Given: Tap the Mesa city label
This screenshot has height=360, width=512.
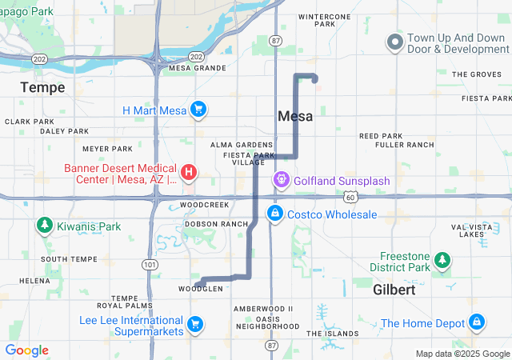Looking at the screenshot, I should pos(295,116).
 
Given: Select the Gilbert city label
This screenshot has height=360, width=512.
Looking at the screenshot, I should pos(394,290).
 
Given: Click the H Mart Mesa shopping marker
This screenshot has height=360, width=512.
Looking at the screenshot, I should pos(198,110).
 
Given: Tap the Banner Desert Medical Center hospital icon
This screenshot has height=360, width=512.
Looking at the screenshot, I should pos(189,172).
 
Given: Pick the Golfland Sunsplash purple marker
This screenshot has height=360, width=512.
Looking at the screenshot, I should pos(282,180).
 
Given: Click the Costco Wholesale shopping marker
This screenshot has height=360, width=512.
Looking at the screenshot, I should pos(274,214).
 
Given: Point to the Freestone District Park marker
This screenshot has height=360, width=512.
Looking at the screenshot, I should pos(441,260).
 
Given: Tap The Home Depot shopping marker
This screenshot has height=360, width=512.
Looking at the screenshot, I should pos(477,322).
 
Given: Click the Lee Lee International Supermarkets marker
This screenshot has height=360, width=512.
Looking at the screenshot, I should pos(194,324).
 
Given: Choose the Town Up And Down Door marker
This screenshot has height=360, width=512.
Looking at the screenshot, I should pos(394,41).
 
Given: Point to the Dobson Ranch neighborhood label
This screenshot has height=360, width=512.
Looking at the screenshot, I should pos(216,224).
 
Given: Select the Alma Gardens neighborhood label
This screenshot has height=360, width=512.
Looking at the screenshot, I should pos(242,145).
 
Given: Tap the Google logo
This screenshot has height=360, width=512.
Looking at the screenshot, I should pos(26,350).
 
